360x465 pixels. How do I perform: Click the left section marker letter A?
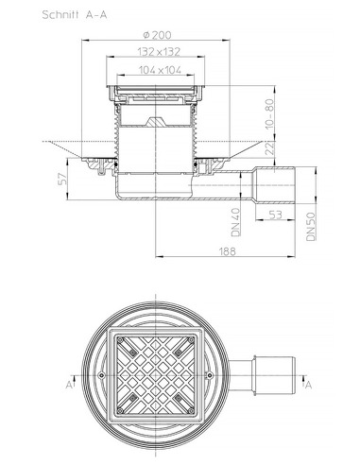[70, 385]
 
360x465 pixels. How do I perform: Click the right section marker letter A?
[309, 385]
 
